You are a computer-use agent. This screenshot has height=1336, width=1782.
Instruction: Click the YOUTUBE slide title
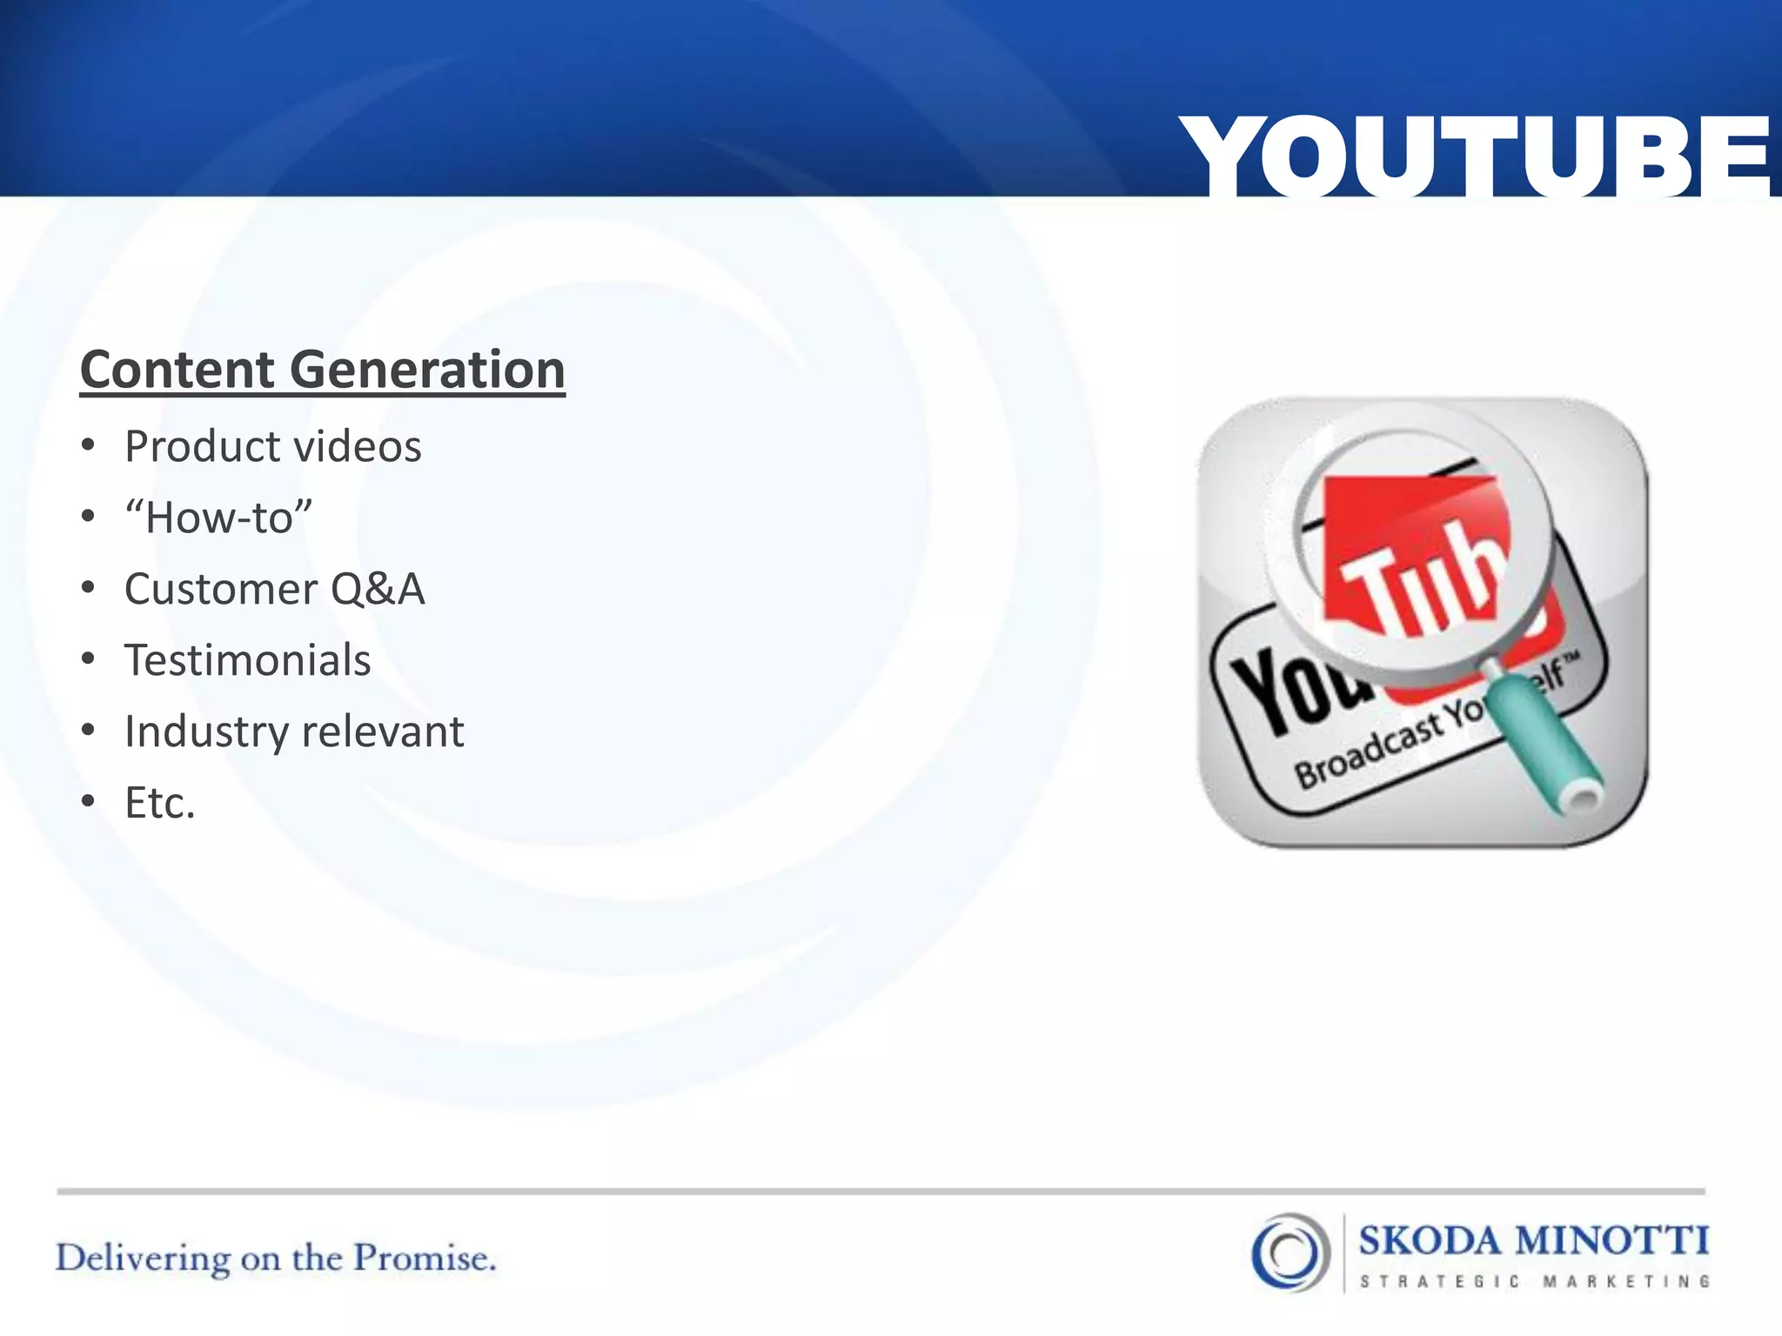point(1475,157)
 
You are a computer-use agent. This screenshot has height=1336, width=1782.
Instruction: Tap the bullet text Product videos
point(272,447)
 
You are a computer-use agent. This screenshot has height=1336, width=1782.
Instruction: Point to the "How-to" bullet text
point(218,518)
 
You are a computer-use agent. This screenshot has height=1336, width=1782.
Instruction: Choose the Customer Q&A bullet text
point(274,589)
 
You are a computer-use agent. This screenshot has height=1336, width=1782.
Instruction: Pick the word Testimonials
point(247,660)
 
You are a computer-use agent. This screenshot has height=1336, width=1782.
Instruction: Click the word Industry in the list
point(205,731)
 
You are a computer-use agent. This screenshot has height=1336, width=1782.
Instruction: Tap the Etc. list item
point(159,803)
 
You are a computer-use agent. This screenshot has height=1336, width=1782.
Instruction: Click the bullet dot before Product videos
point(88,445)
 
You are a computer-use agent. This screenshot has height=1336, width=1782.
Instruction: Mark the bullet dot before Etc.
point(88,801)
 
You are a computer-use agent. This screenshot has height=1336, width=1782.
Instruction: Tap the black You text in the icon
point(1296,691)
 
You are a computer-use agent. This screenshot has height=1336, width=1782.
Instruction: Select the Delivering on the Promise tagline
point(276,1259)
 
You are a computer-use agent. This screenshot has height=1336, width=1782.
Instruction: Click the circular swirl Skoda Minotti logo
point(1290,1252)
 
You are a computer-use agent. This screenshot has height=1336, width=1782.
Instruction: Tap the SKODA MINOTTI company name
point(1533,1240)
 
